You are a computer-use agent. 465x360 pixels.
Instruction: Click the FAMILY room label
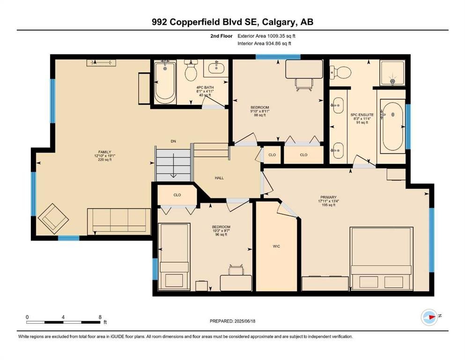click(x=105, y=152)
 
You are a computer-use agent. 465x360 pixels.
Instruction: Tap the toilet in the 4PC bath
click(x=191, y=70)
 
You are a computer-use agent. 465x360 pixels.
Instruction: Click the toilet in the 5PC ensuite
click(x=340, y=72)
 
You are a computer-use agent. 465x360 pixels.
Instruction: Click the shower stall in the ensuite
click(x=392, y=73)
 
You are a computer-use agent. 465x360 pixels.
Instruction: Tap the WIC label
click(x=276, y=247)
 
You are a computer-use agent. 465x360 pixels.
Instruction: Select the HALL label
click(x=219, y=178)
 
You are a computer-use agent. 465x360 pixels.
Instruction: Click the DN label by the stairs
click(x=173, y=141)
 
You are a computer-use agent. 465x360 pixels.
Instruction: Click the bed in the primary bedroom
click(x=381, y=259)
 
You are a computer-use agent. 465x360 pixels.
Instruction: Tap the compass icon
click(x=429, y=317)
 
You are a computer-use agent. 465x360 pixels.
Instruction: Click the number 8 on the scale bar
click(x=100, y=317)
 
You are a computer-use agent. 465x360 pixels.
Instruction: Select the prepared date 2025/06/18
click(x=245, y=321)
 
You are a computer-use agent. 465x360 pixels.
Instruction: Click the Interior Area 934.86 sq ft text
click(x=264, y=43)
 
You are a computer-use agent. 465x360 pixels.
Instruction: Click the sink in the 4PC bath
click(x=216, y=68)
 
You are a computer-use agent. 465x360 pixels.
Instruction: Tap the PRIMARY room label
click(x=328, y=197)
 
